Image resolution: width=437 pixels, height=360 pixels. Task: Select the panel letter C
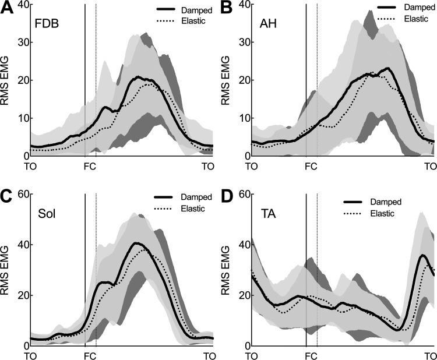click(x=6, y=196)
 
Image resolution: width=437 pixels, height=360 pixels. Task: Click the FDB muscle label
click(x=47, y=25)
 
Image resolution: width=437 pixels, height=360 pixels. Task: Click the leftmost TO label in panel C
click(x=31, y=355)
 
